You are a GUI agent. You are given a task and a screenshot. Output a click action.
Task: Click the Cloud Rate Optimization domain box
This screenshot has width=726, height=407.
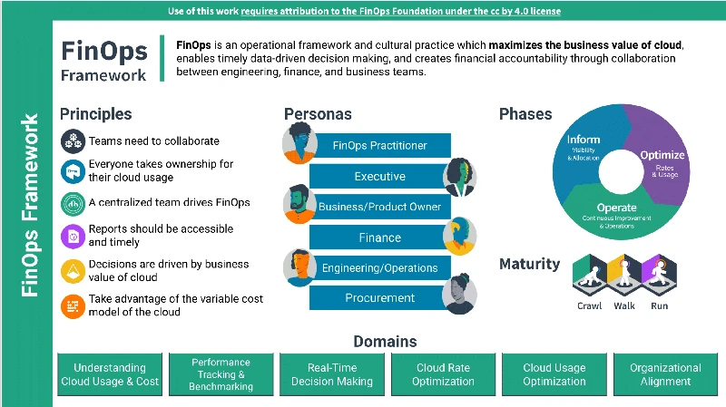point(443,374)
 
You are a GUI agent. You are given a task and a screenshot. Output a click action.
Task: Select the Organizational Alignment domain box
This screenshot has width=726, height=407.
point(665,374)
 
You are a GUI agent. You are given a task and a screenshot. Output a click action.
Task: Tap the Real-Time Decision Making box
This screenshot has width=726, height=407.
point(332,374)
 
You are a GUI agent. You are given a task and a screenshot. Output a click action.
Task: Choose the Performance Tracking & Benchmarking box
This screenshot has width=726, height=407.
point(221,374)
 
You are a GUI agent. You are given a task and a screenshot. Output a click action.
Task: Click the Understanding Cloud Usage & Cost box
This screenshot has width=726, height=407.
point(110,374)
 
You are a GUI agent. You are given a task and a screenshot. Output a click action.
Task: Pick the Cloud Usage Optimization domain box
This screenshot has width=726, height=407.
point(554,374)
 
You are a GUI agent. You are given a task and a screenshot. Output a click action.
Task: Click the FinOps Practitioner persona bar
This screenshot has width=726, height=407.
point(379,145)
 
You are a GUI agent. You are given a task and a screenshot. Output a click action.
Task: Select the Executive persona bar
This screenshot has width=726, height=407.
point(379,176)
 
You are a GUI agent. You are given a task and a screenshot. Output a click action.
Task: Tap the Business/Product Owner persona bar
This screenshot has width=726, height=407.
point(379,207)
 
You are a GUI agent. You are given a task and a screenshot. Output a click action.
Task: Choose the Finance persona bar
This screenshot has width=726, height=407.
point(379,237)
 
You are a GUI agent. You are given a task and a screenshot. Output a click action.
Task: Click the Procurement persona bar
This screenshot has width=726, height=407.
point(379,298)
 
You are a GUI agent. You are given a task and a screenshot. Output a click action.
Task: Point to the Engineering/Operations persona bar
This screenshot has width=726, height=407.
point(379,267)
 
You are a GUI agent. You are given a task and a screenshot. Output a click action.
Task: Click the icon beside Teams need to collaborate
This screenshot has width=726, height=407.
point(73,141)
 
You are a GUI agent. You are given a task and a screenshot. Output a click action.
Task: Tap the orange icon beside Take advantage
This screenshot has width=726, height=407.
point(73,305)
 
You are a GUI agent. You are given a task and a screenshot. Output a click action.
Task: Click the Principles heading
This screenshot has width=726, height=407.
point(95,114)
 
